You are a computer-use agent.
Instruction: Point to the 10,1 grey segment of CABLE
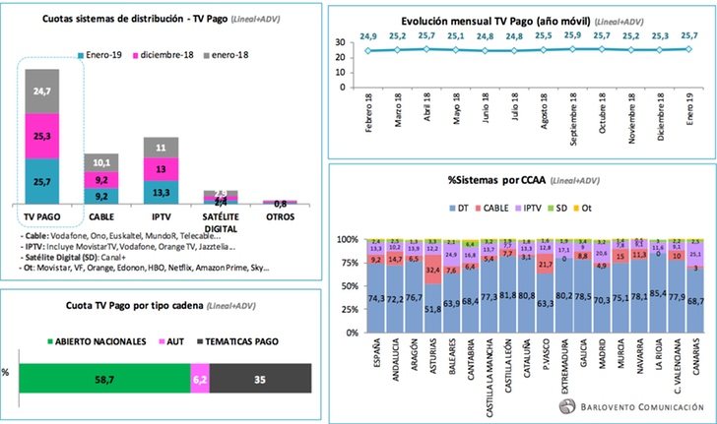click(100, 161)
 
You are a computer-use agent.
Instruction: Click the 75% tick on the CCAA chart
click(349, 264)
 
